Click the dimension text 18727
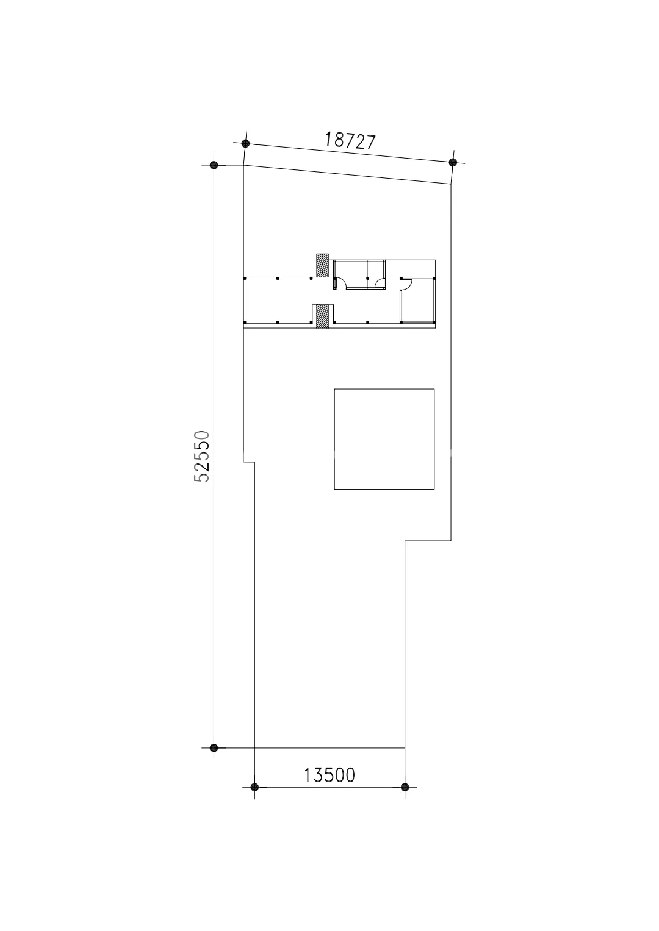click(350, 141)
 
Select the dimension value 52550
click(202, 456)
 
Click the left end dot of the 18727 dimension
click(245, 143)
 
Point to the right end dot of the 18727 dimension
click(453, 162)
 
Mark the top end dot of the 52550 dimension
click(214, 165)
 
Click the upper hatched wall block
click(322, 266)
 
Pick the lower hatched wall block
click(322, 316)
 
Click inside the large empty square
click(384, 439)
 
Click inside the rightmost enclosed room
click(417, 301)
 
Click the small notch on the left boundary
click(249, 462)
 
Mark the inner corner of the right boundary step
click(405, 541)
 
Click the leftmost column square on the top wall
click(245, 277)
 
